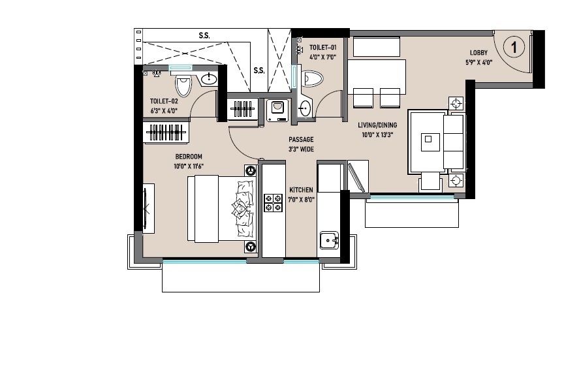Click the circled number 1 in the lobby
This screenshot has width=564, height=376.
tap(514, 47)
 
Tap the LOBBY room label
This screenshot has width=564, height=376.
tap(478, 52)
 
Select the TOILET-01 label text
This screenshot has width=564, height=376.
tap(323, 47)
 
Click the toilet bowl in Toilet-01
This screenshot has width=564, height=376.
tap(313, 79)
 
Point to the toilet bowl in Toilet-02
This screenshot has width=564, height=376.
tap(183, 86)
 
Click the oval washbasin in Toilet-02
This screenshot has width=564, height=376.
tap(208, 78)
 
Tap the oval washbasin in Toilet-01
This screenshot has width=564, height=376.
tap(305, 108)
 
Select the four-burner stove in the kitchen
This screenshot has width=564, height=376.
tap(274, 203)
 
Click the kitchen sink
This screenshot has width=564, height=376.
tap(329, 240)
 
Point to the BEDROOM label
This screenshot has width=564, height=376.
tap(189, 157)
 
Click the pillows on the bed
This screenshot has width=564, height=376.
tap(243, 209)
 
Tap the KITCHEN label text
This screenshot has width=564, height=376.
tap(301, 189)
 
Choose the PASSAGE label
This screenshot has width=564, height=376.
tap(301, 139)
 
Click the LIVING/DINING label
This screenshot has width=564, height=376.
tap(377, 125)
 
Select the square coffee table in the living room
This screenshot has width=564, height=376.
tap(430, 142)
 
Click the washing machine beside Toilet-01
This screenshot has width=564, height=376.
tap(277, 110)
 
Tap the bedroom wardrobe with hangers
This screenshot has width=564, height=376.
tap(166, 133)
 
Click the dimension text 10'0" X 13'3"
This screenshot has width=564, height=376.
tap(377, 135)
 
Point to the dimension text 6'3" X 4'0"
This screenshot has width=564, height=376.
tap(164, 111)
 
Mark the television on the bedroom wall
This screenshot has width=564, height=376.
tap(146, 209)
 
